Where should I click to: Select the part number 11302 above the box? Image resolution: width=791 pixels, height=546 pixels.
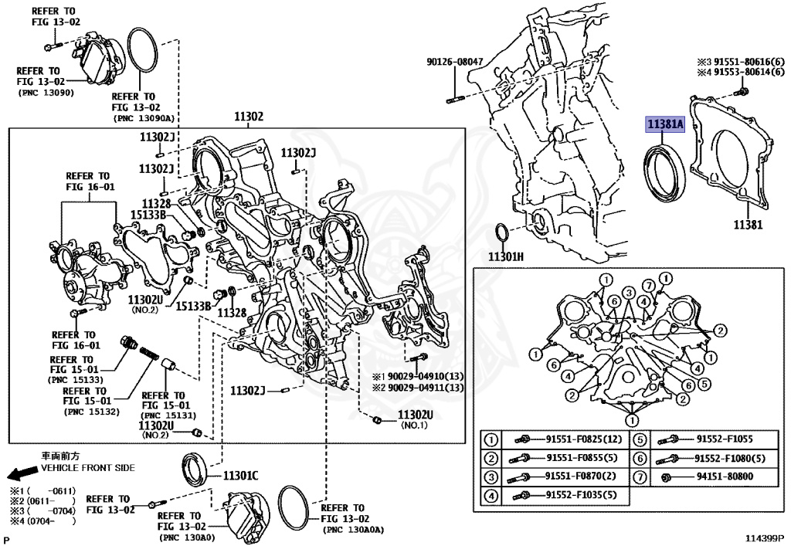249,117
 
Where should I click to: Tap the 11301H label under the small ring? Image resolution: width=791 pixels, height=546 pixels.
505,256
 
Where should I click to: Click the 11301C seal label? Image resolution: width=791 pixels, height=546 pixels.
241,475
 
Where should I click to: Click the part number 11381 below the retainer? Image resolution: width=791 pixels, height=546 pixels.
748,226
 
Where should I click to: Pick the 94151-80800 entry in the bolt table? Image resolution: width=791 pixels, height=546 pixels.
724,476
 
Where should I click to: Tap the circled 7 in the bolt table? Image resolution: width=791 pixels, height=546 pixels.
640,476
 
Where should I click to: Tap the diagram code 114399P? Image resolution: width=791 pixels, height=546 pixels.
764,536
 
